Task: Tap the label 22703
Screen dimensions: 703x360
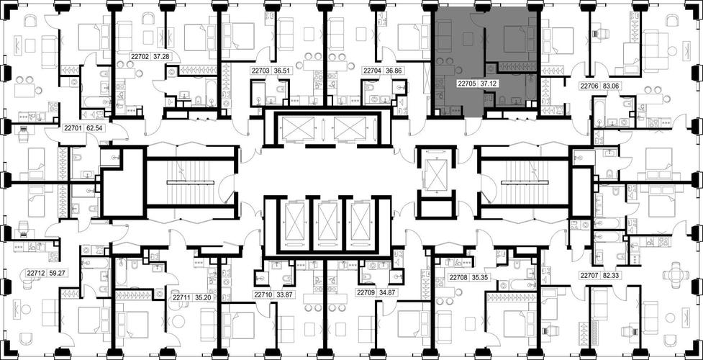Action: [260, 71]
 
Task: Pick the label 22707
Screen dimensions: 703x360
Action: [589, 276]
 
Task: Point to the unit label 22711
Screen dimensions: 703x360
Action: [181, 297]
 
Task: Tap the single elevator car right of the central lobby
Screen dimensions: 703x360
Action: [435, 174]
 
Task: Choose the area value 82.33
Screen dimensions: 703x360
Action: [611, 276]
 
